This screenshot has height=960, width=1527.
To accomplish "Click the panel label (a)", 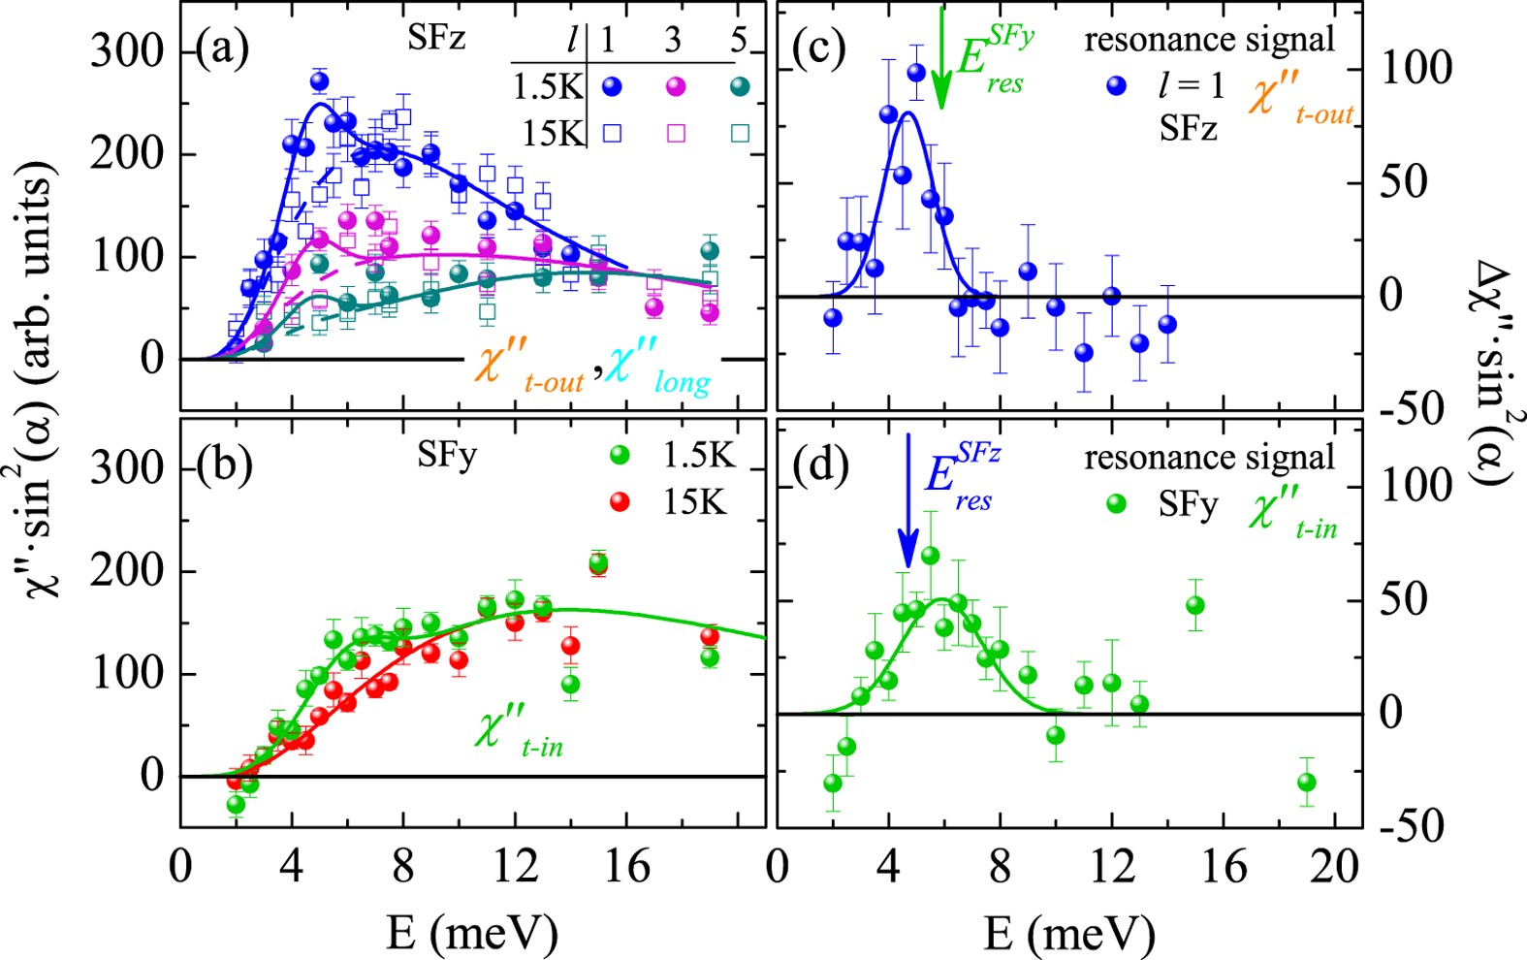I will coord(222,48).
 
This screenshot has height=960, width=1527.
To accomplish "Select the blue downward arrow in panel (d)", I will coord(907,499).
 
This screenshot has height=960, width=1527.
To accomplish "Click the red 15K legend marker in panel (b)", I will coord(619,501).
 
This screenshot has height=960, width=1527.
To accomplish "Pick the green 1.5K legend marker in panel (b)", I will coord(619,454).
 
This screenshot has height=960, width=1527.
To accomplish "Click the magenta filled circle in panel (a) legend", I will coord(676,86).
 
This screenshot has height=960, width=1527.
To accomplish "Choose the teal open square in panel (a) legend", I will coord(740,133).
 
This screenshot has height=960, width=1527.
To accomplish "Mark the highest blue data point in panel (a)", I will coord(320,81).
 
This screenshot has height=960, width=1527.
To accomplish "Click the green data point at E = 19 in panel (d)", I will coord(1306,782).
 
